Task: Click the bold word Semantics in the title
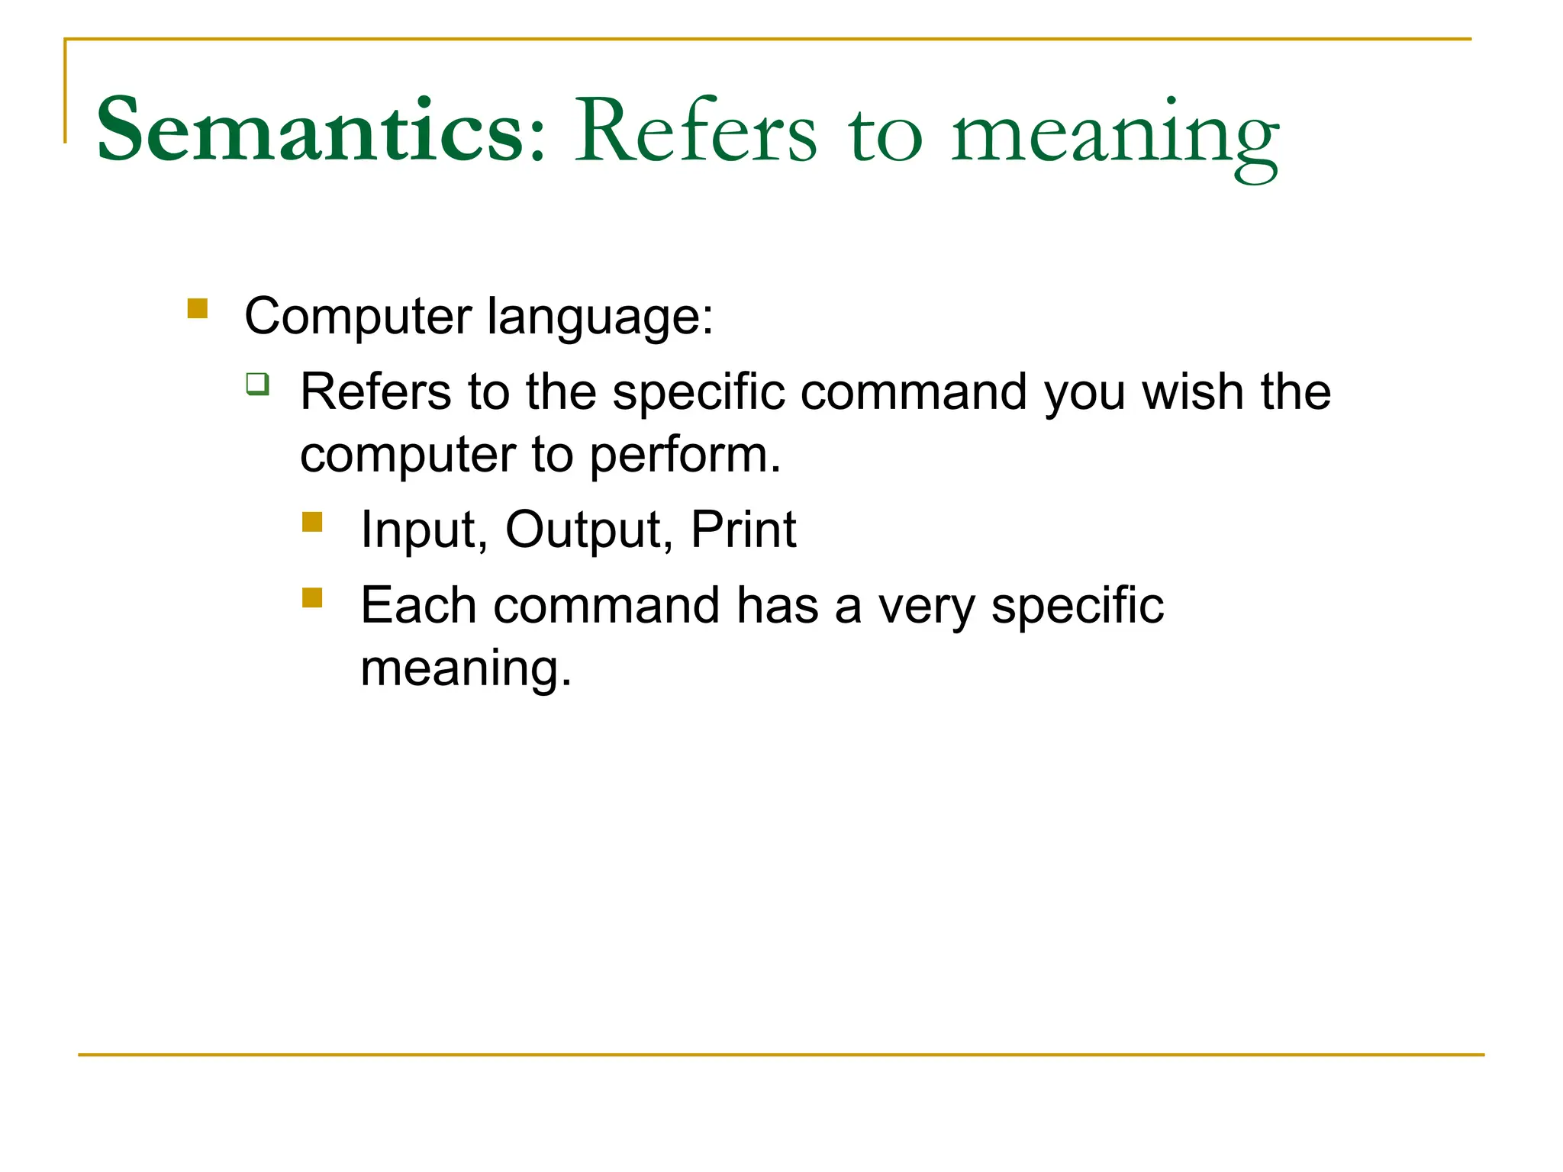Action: [309, 130]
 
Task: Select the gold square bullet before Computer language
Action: [198, 308]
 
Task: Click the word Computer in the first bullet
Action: [358, 316]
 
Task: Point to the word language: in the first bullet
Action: [600, 317]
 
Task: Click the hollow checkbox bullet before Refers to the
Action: [258, 383]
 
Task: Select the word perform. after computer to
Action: [685, 456]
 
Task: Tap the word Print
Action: [743, 530]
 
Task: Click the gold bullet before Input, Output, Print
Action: [312, 522]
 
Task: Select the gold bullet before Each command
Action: [312, 597]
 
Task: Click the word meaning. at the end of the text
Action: [466, 668]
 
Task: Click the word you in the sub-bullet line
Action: [1084, 394]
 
